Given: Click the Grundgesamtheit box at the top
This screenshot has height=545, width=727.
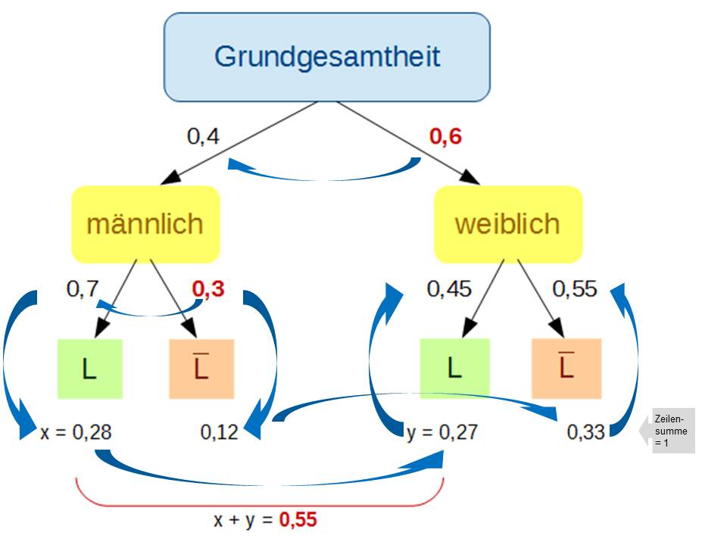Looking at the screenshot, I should (x=327, y=58).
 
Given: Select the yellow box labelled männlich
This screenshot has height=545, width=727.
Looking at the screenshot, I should (x=145, y=224).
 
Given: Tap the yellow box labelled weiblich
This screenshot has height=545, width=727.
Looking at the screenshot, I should (x=507, y=224).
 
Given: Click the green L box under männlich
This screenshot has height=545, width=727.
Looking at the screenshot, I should (x=90, y=369).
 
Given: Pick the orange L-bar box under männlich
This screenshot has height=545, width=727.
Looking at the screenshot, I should (x=201, y=369).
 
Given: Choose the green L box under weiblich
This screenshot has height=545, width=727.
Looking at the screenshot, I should (x=454, y=369).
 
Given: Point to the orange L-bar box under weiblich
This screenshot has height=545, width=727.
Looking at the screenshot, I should (x=566, y=369).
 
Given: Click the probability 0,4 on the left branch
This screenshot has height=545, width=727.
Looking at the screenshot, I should (x=203, y=137).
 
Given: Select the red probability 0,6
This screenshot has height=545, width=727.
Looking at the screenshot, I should (x=445, y=137).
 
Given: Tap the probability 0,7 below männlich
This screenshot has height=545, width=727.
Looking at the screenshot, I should (x=83, y=289).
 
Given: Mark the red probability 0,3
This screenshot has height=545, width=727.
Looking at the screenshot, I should (x=208, y=289).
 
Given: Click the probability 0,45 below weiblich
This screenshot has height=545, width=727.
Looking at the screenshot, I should (x=449, y=289).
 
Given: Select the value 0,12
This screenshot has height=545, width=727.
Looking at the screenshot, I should (x=219, y=432).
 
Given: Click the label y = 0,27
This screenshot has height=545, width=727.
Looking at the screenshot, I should (x=442, y=432).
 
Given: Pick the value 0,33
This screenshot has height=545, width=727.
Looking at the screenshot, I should (x=586, y=432).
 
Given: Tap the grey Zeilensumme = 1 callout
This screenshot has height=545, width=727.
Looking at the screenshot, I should (x=672, y=431).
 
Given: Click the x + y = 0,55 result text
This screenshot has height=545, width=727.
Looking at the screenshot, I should (x=265, y=520).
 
